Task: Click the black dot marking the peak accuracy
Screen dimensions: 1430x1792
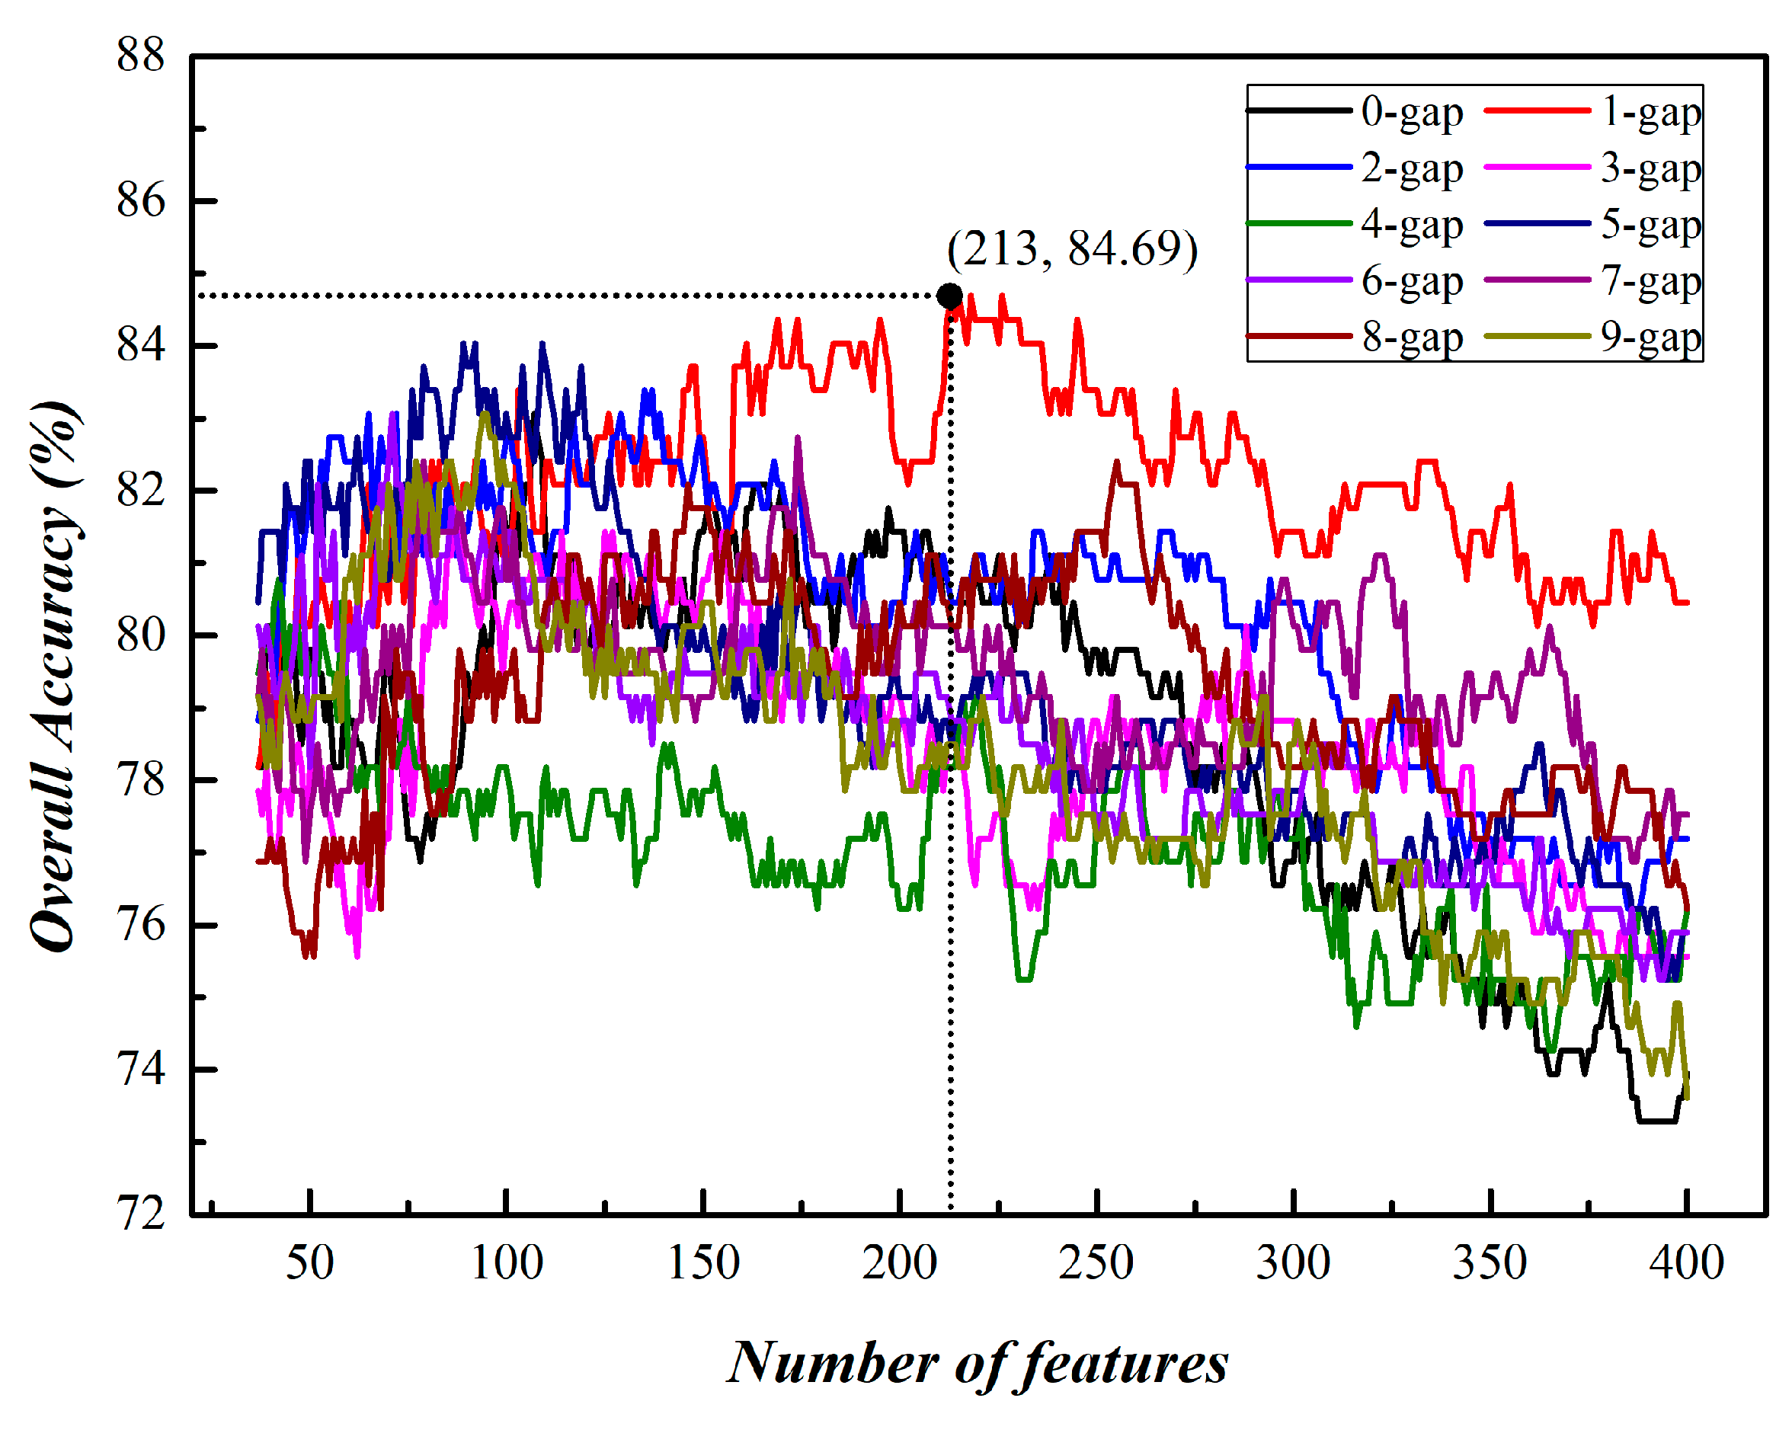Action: click(949, 296)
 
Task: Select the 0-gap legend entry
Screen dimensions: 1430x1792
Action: click(1410, 111)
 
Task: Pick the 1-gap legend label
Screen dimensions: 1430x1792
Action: click(1650, 111)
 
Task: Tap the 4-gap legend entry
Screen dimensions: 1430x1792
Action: click(1410, 224)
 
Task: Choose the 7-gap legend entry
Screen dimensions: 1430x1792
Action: click(1650, 281)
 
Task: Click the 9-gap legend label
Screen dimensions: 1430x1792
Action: click(1650, 338)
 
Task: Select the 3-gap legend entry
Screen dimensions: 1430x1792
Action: click(1650, 168)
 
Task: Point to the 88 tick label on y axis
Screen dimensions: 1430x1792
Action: click(140, 56)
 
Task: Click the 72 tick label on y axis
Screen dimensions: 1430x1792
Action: click(140, 1215)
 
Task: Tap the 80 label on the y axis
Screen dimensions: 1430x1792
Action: click(140, 635)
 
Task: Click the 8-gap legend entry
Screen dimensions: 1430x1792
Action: click(1410, 338)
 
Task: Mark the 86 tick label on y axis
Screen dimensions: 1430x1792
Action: click(140, 201)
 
